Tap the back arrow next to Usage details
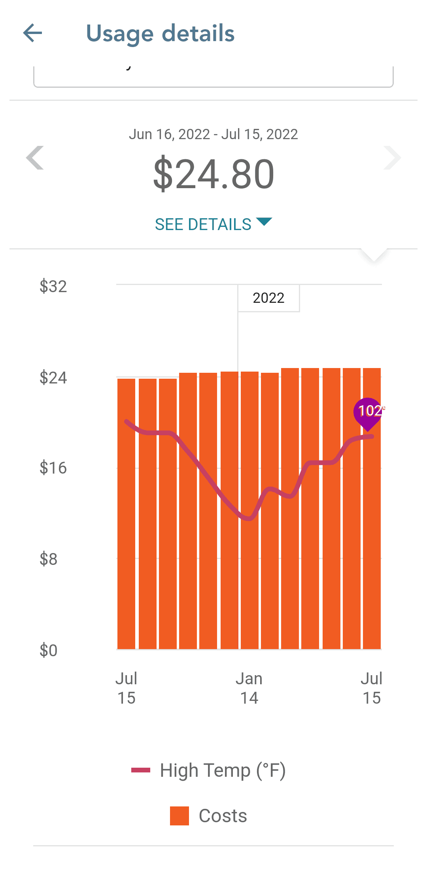[x=33, y=33]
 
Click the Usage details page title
[x=160, y=34]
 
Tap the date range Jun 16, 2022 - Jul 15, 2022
[x=213, y=134]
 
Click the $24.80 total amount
[x=213, y=174]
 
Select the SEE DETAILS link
[x=213, y=224]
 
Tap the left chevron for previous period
[x=35, y=158]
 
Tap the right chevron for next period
[x=392, y=158]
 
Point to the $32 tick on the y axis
[x=53, y=286]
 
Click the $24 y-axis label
[x=53, y=378]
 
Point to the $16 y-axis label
[x=53, y=468]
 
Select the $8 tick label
[x=48, y=559]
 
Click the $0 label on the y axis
[x=48, y=650]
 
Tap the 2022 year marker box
[x=268, y=298]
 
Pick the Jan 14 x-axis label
[x=249, y=688]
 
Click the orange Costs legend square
[x=179, y=816]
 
